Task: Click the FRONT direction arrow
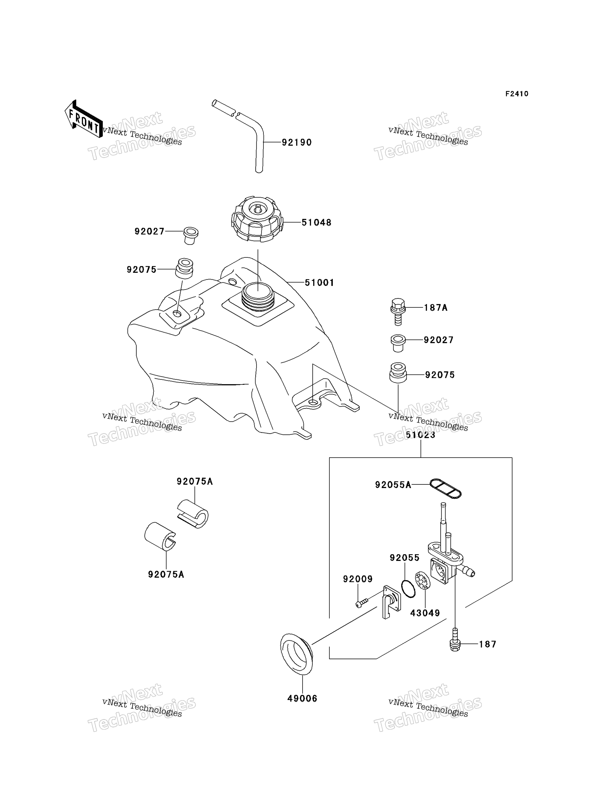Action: [x=83, y=119]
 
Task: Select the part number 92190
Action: [x=297, y=142]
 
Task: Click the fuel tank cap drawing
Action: [x=257, y=220]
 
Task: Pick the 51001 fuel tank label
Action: [x=319, y=283]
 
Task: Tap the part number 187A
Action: [x=435, y=308]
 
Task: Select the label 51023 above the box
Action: [x=420, y=435]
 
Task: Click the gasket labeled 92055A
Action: [x=445, y=488]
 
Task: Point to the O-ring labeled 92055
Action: [x=409, y=589]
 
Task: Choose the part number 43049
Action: [x=425, y=613]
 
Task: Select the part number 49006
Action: [x=302, y=698]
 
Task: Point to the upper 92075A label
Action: [x=195, y=481]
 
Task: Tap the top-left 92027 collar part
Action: [x=191, y=235]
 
